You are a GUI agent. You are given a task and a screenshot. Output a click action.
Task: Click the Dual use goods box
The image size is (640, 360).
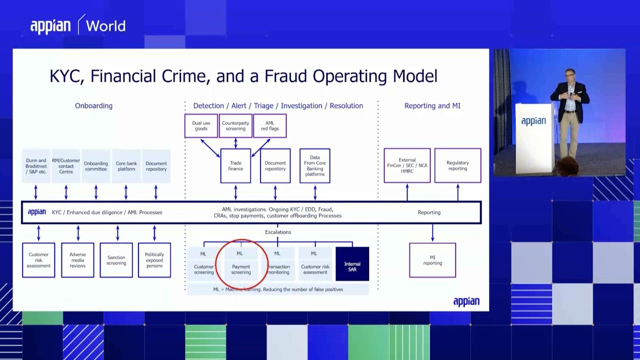tap(201, 125)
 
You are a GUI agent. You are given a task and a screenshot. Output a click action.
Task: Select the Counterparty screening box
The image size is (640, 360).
tap(235, 125)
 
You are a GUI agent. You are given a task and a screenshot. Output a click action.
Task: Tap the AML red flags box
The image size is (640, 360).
tap(270, 125)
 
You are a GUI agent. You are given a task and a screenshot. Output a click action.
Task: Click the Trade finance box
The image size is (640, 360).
tap(235, 165)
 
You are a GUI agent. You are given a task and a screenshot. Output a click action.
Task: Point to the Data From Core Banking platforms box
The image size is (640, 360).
tap(314, 165)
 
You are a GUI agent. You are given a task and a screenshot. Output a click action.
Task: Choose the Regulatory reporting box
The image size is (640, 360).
tap(457, 165)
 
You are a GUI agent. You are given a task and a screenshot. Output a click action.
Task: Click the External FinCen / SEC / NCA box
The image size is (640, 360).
tap(407, 165)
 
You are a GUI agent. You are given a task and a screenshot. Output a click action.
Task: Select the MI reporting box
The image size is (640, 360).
tap(432, 260)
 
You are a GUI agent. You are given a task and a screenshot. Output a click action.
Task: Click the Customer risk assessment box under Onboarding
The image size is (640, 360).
tap(38, 260)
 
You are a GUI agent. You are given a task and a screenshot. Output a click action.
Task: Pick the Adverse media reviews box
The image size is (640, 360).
tap(77, 260)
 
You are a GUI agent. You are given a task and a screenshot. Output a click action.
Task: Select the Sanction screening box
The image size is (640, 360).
tap(116, 260)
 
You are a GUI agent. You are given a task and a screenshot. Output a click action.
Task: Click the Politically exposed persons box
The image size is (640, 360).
tap(154, 260)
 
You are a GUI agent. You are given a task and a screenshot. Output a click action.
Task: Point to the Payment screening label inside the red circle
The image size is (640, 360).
tap(241, 269)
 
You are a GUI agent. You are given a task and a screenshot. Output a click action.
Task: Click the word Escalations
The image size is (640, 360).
tap(278, 232)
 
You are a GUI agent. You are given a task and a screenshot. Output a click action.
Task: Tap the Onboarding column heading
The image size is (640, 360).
tap(93, 105)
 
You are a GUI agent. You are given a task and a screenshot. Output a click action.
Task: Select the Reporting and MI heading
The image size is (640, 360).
tap(432, 105)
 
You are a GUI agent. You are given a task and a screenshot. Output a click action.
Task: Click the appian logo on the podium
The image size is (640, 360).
tap(533, 121)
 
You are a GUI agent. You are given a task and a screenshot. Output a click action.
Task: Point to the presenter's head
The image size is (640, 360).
tap(570, 75)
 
